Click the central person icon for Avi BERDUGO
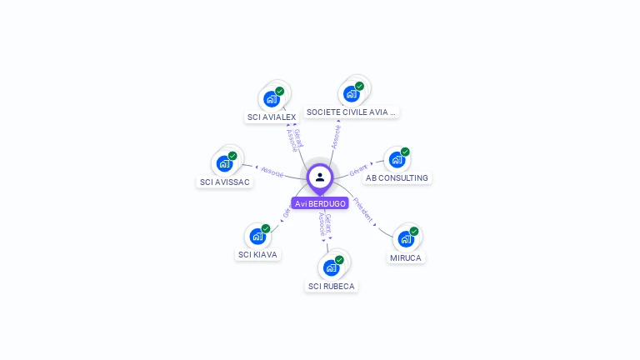pos(320,177)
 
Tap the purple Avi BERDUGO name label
pos(320,203)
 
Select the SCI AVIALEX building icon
pos(271,98)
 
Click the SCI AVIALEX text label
pos(272,117)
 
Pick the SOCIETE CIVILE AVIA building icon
pos(351,93)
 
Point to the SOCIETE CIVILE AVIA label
pos(352,112)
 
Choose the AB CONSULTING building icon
pos(397,159)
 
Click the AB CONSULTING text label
pos(397,178)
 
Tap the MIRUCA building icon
pos(406,238)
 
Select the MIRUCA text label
pos(407,258)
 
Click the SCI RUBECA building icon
pos(331,267)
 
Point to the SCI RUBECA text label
pos(332,287)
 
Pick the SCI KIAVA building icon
pos(257,236)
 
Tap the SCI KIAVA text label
pos(258,255)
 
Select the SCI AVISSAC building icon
pos(223,163)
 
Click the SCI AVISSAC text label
pos(224,182)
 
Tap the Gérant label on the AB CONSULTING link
pos(359,169)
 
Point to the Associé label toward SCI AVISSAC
pos(272,171)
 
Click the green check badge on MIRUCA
pos(414,231)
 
